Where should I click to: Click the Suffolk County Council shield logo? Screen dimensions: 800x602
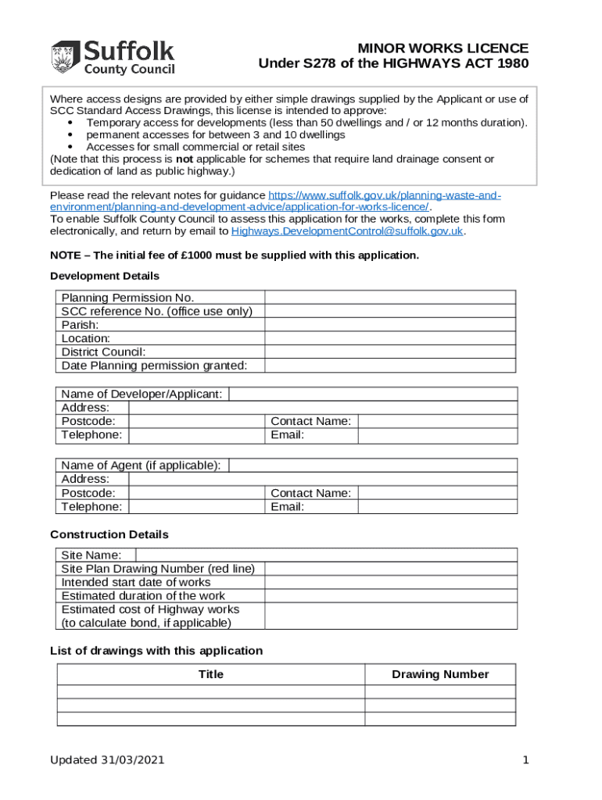click(65, 58)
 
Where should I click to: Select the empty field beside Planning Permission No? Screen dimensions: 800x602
click(390, 297)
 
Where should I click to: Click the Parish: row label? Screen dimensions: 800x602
click(81, 324)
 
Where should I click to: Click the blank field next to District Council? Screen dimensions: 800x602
click(390, 352)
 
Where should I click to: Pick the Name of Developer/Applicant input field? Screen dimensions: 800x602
click(372, 394)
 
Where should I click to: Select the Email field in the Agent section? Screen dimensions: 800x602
click(437, 507)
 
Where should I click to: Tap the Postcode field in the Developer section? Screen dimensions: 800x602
click(196, 421)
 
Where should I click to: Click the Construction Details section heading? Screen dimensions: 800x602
click(109, 534)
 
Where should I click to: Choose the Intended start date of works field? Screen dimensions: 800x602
click(390, 582)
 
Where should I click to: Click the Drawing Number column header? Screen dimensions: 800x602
click(440, 674)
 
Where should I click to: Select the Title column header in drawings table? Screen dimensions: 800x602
click(210, 674)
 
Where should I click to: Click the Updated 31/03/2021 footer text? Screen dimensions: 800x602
click(107, 760)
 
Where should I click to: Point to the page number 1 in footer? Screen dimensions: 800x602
click(526, 760)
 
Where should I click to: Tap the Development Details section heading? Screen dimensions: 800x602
click(105, 276)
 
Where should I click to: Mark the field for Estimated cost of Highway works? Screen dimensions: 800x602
click(390, 616)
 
